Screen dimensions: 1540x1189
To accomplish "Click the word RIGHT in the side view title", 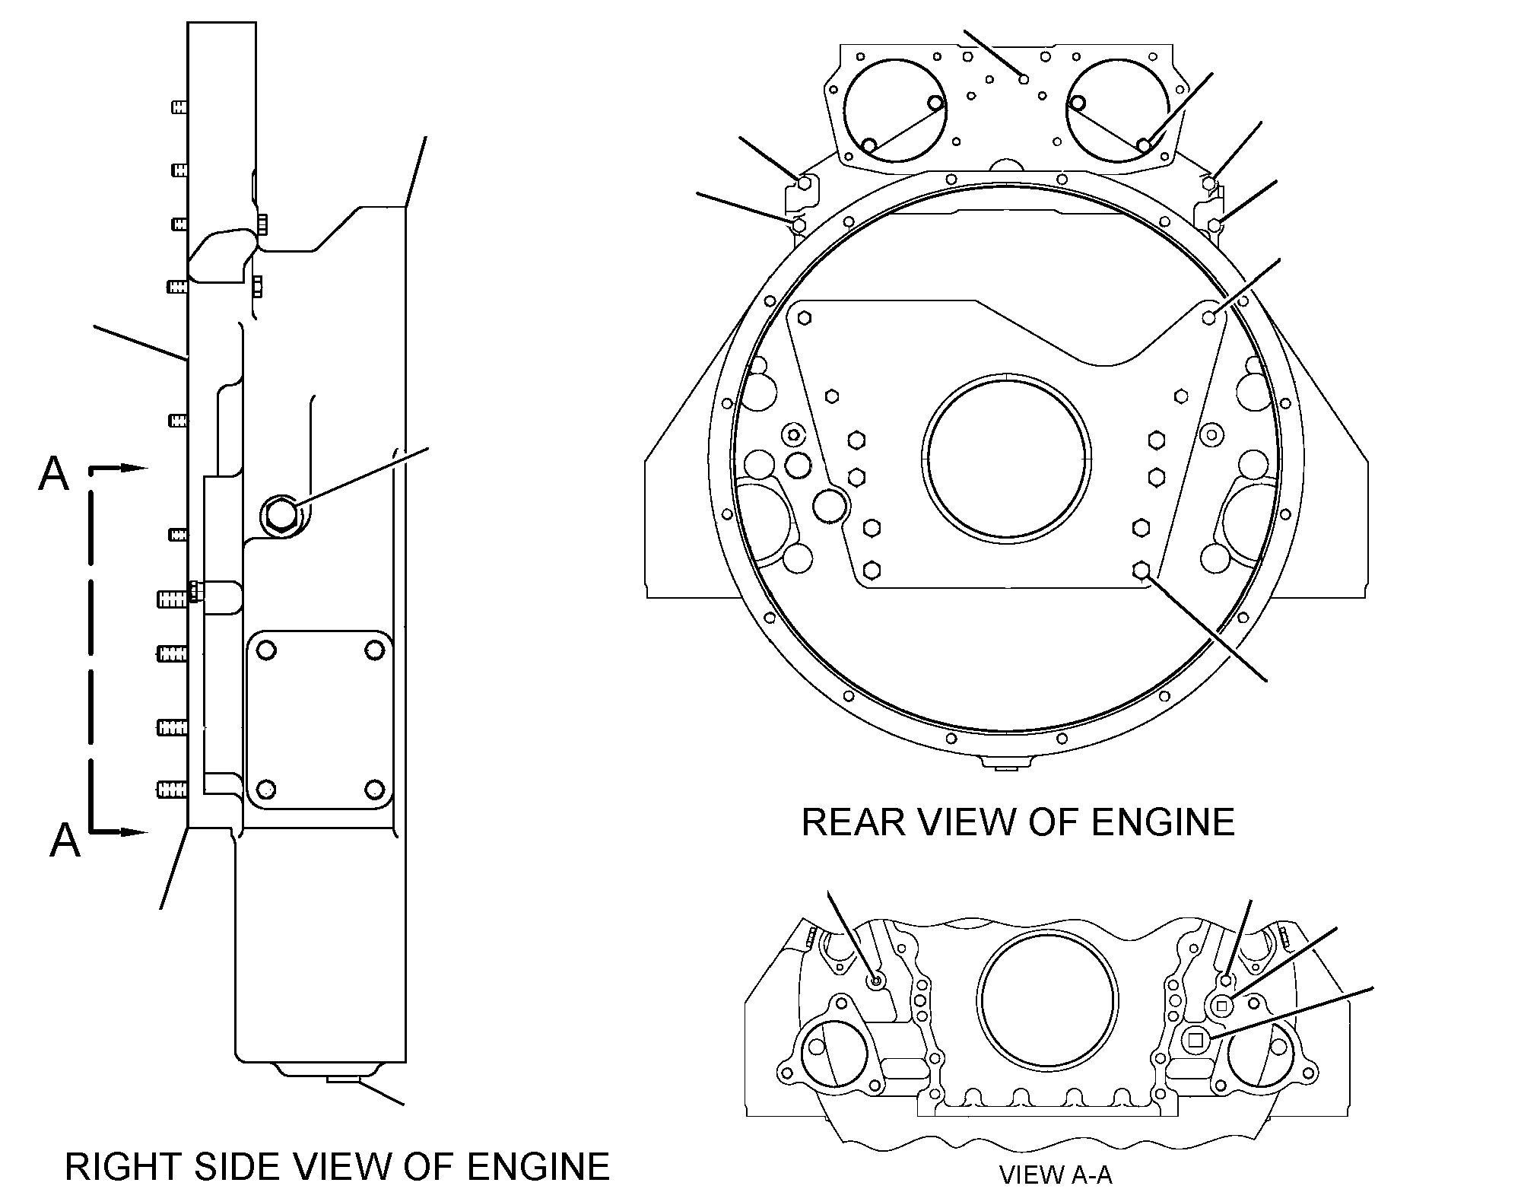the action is (x=124, y=1167).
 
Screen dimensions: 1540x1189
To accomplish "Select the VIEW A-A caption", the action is (x=1056, y=1176).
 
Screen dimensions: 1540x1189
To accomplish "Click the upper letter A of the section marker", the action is (x=53, y=474).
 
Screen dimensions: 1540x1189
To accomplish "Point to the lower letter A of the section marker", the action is (x=65, y=842).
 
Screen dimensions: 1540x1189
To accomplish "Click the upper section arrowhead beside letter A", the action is (x=134, y=468).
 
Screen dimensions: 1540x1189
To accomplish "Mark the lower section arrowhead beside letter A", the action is (x=134, y=832).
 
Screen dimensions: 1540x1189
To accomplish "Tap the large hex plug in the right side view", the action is (x=282, y=513).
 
